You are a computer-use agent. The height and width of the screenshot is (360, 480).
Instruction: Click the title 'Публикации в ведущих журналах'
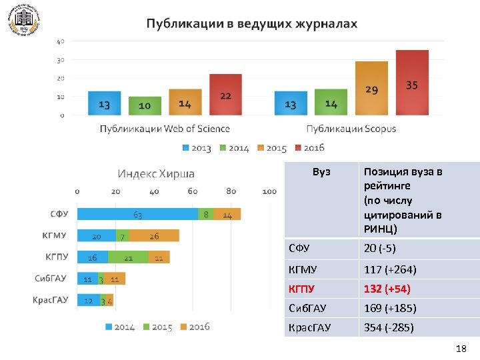click(252, 24)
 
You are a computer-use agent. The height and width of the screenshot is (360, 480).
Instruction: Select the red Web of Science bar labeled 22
click(225, 95)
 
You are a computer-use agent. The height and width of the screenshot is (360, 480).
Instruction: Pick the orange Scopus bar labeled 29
click(371, 89)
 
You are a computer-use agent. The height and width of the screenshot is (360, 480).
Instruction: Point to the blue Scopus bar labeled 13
click(291, 103)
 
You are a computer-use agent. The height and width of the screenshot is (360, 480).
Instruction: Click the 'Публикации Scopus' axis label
click(351, 129)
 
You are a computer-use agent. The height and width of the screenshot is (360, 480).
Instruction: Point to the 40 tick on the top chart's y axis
click(60, 41)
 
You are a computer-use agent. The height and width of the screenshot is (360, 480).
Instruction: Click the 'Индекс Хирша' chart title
click(156, 174)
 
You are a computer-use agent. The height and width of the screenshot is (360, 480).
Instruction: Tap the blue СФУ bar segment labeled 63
click(137, 215)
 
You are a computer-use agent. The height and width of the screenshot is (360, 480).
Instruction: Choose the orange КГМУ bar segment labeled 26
click(155, 235)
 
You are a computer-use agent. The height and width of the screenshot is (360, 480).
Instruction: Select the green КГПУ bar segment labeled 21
click(128, 257)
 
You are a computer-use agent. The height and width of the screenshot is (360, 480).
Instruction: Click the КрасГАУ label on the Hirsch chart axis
click(51, 300)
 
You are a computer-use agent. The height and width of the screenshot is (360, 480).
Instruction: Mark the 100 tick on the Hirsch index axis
click(269, 192)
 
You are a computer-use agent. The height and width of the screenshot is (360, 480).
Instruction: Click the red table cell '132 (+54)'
click(387, 289)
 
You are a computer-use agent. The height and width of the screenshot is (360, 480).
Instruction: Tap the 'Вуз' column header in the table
click(321, 172)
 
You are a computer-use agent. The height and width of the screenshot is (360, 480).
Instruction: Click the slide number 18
click(460, 349)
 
